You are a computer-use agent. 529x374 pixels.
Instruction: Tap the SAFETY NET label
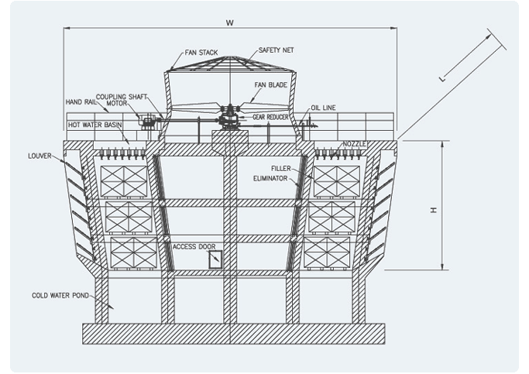click(276, 50)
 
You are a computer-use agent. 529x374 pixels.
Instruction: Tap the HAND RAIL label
click(81, 101)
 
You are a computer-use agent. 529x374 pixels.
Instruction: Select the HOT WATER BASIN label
click(94, 124)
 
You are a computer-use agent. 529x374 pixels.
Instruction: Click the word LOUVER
click(40, 155)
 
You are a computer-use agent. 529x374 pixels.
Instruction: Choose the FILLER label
click(280, 168)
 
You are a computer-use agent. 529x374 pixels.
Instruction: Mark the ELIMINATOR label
click(271, 177)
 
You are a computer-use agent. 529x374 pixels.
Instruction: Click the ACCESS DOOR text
click(194, 245)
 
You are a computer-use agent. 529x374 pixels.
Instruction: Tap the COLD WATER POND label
click(60, 295)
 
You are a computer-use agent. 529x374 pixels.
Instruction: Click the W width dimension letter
click(230, 22)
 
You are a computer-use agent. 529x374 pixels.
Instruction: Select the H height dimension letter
click(435, 209)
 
